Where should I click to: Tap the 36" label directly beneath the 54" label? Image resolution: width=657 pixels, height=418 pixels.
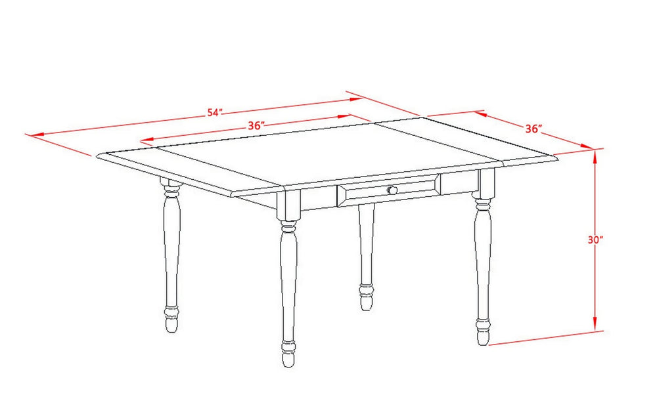[256, 125]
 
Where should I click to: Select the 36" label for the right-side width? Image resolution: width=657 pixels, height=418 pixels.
[533, 129]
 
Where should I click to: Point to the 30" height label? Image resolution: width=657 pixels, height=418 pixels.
[596, 240]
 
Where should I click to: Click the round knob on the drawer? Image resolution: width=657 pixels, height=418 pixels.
[392, 190]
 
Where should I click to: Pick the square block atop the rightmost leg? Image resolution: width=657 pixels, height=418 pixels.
[487, 184]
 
